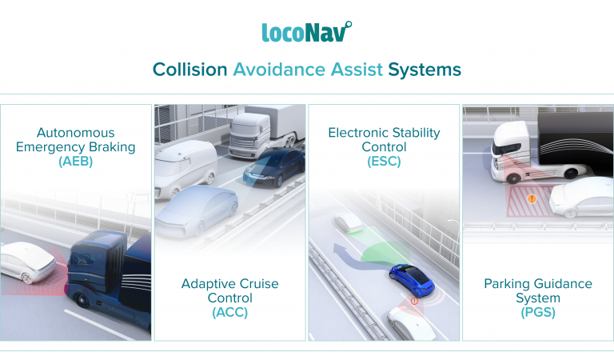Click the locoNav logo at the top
[x=306, y=31]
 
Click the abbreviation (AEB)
[x=76, y=161]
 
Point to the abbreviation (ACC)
[x=229, y=312]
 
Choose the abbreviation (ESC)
[x=384, y=161]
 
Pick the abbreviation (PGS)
[x=538, y=312]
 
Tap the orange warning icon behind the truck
[x=532, y=198]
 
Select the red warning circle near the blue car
[x=414, y=302]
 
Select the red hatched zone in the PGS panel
[x=532, y=206]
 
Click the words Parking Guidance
[x=538, y=284]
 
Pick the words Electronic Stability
[x=384, y=133]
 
